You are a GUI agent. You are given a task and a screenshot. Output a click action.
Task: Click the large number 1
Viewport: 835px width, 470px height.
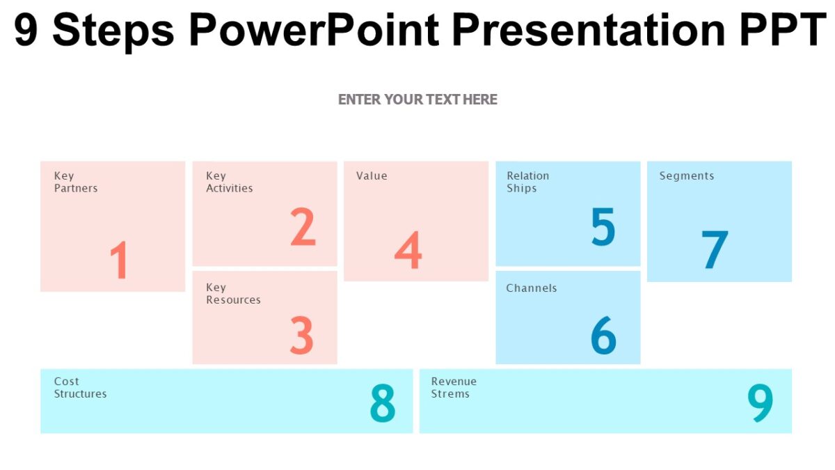[120, 260]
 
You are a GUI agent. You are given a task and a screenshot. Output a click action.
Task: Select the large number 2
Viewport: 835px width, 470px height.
[303, 227]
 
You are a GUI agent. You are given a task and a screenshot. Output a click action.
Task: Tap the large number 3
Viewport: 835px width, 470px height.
[301, 335]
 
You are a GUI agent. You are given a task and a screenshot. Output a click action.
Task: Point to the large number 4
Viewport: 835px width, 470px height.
[408, 250]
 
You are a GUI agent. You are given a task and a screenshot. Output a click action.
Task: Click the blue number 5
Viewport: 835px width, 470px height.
[603, 227]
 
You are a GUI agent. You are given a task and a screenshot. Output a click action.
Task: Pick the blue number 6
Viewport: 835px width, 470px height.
[603, 335]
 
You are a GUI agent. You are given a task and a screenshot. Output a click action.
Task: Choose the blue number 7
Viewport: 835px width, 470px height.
[714, 250]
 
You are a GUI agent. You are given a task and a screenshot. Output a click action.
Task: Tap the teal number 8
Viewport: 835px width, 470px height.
[382, 403]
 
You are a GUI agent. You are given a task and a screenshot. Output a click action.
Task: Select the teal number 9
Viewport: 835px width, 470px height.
[760, 403]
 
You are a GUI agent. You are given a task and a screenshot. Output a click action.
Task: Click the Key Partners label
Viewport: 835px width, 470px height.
[75, 182]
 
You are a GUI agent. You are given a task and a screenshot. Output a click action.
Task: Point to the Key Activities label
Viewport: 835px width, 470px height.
[229, 182]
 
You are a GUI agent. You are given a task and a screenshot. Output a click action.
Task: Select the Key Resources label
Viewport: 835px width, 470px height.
[232, 294]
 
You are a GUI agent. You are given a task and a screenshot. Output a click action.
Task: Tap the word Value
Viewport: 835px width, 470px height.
[372, 176]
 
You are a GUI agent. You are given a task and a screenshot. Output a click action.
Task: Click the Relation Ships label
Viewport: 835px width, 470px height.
[527, 182]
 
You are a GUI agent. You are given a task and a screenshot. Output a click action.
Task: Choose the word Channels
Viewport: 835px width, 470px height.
[532, 288]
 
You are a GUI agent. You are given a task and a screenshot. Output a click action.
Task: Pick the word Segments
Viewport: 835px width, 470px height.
[686, 176]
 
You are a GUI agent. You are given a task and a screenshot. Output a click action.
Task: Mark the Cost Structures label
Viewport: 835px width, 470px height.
[80, 388]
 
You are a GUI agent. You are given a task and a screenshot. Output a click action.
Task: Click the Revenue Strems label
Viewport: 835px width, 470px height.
[454, 388]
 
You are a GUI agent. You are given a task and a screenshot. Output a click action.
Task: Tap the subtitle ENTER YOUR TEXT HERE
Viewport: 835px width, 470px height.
[417, 100]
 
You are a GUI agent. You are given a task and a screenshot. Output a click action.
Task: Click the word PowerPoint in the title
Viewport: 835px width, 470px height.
[313, 30]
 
